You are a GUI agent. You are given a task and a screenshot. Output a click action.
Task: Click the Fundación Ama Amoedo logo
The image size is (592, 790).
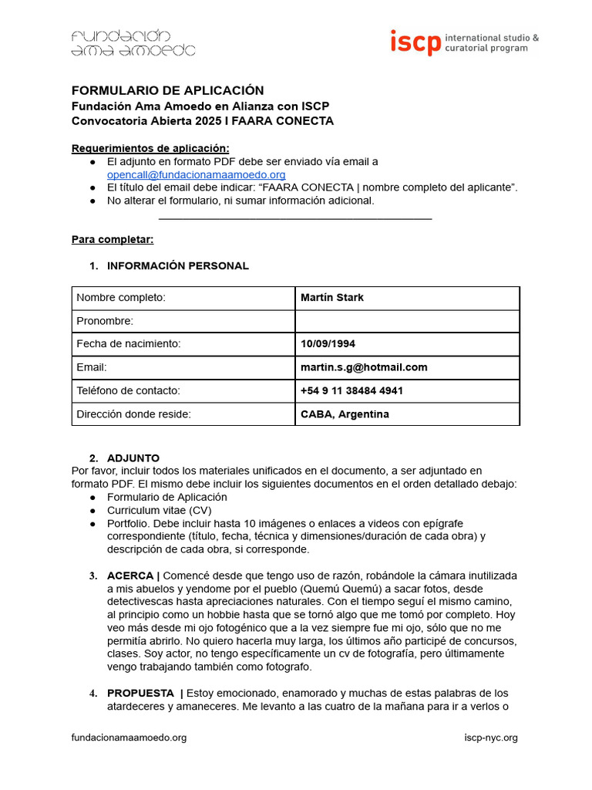pyautogui.click(x=133, y=43)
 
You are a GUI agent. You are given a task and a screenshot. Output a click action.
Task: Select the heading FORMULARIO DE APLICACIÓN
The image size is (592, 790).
pyautogui.click(x=167, y=90)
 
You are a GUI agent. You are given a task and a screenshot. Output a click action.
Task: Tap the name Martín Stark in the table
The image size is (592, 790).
pyautogui.click(x=332, y=298)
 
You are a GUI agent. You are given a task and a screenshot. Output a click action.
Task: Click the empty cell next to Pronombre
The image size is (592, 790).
pyautogui.click(x=407, y=321)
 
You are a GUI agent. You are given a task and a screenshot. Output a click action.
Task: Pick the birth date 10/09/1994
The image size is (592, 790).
pyautogui.click(x=328, y=344)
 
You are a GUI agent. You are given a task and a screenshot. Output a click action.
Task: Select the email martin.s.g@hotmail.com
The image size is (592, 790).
pyautogui.click(x=364, y=367)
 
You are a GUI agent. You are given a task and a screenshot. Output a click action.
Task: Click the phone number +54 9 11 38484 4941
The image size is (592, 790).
pyautogui.click(x=351, y=390)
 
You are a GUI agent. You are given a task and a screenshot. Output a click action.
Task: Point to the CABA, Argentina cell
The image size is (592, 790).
pyautogui.click(x=345, y=414)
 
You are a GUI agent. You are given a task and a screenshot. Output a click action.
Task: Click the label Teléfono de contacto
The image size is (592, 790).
pyautogui.click(x=128, y=390)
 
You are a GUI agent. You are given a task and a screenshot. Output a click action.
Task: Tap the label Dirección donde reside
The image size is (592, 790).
pyautogui.click(x=133, y=414)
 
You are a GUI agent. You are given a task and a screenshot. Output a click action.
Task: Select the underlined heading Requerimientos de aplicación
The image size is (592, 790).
pyautogui.click(x=150, y=148)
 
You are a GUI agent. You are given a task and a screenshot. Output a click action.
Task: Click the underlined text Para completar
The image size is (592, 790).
pyautogui.click(x=113, y=239)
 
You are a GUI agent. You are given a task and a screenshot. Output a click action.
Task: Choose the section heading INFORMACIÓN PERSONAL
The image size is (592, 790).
pyautogui.click(x=177, y=266)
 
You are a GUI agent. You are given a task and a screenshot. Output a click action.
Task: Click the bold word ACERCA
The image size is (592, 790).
pyautogui.click(x=130, y=576)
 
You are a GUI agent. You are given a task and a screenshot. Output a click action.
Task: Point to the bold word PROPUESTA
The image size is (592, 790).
pyautogui.click(x=140, y=694)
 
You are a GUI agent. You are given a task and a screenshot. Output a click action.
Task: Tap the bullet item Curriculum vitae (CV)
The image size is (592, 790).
pyautogui.click(x=159, y=511)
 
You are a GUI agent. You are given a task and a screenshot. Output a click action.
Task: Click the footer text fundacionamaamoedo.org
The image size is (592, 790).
pyautogui.click(x=129, y=738)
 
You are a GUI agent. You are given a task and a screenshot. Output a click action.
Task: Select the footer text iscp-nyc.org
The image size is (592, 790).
pyautogui.click(x=491, y=738)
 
